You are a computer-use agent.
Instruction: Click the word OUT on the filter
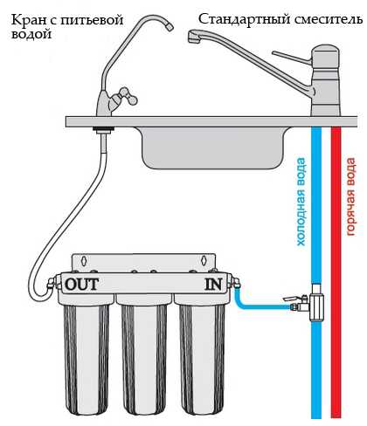82,285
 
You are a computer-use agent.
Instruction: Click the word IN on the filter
213,285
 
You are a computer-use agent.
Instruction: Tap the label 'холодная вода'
301,202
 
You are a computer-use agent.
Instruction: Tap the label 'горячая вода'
350,196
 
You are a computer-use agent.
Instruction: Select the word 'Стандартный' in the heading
244,20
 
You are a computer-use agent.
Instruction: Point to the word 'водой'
31,34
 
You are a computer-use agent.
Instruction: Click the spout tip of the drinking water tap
169,26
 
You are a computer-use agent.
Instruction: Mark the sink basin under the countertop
213,148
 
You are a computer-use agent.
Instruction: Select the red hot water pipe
336,272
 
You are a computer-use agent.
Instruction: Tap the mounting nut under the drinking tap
103,130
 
